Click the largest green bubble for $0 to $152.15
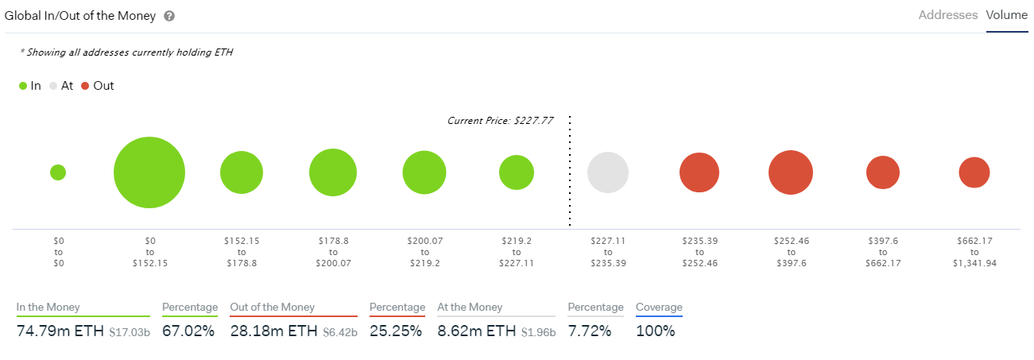pos(149,172)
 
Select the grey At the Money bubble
pos(608,172)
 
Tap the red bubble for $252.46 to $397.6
pos(791,172)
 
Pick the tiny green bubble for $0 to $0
pos(58,172)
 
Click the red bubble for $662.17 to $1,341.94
pos(974,172)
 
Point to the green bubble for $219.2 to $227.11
pos(517,172)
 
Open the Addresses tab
pos(947,15)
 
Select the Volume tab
pos(1007,15)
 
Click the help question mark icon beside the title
pos(169,16)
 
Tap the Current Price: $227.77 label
pos(500,121)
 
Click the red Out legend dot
pos(85,86)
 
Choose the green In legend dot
pos(23,86)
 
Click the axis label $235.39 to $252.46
pos(699,251)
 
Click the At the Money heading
pos(470,308)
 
